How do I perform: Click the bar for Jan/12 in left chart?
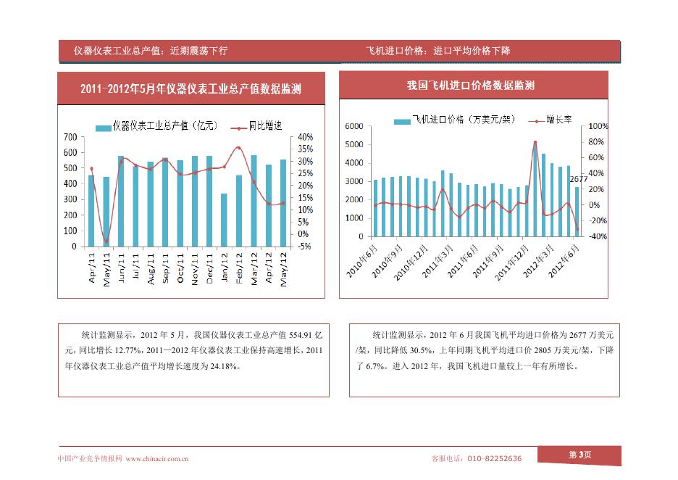coord(224,220)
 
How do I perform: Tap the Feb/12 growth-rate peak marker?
coord(239,148)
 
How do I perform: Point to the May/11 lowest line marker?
coord(106,241)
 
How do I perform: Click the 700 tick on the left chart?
coord(70,137)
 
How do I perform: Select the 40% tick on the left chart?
coord(304,137)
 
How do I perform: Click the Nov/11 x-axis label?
coord(194,268)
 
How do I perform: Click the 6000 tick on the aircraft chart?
coord(353,126)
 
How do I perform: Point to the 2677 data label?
coord(579,179)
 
